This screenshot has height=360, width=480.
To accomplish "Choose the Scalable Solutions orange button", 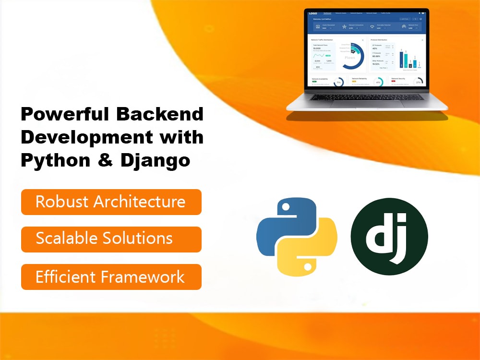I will click(x=111, y=239).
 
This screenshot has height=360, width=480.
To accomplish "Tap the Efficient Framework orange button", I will click(x=111, y=277).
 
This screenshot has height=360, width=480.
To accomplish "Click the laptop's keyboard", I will click(x=367, y=96).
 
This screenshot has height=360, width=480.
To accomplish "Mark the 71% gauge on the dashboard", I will click(x=338, y=82).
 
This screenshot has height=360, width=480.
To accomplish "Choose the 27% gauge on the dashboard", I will click(x=418, y=82).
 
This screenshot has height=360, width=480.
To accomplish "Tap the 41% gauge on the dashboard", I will click(x=379, y=82).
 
